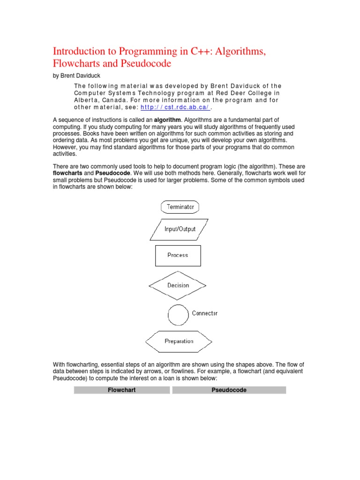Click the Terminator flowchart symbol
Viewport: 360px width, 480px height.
[x=180, y=207]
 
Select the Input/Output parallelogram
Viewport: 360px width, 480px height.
[x=180, y=229]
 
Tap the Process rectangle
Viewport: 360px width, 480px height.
[x=178, y=255]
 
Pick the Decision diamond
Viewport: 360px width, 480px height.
[x=178, y=285]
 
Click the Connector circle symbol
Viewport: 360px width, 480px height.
[x=178, y=315]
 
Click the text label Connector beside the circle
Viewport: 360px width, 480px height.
[x=204, y=313]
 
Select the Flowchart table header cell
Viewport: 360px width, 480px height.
[x=122, y=390]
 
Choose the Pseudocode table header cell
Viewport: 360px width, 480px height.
[x=229, y=390]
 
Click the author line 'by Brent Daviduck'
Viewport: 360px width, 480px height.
[x=76, y=76]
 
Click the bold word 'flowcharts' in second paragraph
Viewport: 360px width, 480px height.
[x=67, y=173]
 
